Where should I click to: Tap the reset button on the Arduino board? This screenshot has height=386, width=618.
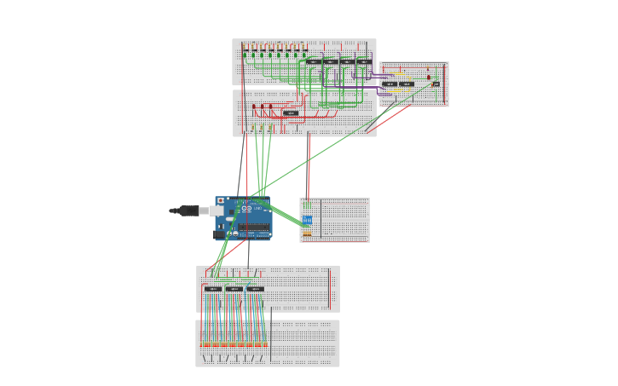tap(221, 200)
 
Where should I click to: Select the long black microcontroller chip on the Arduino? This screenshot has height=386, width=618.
tap(254, 228)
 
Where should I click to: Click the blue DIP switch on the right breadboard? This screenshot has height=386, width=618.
tap(307, 220)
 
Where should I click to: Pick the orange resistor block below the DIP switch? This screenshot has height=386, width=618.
tap(307, 233)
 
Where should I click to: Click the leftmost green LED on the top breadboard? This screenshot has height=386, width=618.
tap(245, 55)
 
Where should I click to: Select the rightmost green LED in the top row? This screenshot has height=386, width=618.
tap(304, 55)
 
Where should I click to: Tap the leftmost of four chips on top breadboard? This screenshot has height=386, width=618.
tap(314, 61)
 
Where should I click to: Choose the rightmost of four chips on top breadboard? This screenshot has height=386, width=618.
tap(364, 61)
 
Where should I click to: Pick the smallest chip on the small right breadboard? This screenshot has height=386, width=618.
tap(436, 84)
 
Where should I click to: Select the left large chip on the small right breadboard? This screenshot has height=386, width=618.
tap(390, 84)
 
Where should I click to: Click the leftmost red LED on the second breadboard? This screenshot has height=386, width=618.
tap(253, 107)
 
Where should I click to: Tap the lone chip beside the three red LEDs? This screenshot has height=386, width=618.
tap(291, 112)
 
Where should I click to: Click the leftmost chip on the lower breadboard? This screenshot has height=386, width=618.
tap(213, 289)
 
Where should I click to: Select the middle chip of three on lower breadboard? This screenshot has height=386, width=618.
tap(234, 289)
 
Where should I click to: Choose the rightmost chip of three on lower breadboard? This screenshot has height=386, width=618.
tap(255, 289)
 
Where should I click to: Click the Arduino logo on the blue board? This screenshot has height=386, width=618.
tap(246, 210)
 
